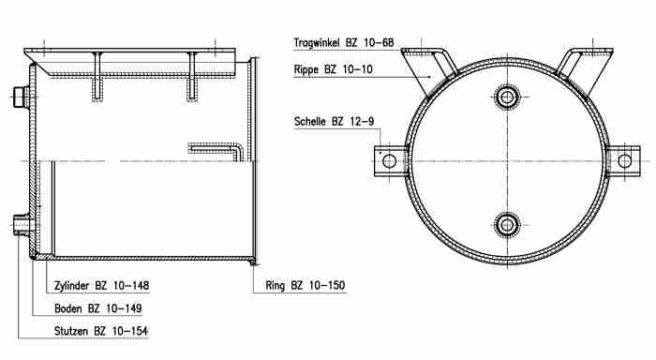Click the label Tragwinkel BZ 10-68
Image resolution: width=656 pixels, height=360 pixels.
pyautogui.click(x=344, y=43)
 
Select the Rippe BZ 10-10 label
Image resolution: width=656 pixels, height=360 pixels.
pyautogui.click(x=333, y=69)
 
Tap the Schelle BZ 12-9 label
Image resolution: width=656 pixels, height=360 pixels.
pyautogui.click(x=334, y=121)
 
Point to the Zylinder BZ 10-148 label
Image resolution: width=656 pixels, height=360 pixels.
pyautogui.click(x=101, y=286)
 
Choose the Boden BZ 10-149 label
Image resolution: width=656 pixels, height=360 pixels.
pyautogui.click(x=97, y=308)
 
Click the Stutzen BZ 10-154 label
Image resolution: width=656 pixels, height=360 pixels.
pyautogui.click(x=101, y=331)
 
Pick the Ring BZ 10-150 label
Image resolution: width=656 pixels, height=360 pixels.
pyautogui.click(x=305, y=286)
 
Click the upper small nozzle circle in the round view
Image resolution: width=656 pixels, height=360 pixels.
pyautogui.click(x=507, y=97)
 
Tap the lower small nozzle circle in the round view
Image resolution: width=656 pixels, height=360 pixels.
pyautogui.click(x=507, y=225)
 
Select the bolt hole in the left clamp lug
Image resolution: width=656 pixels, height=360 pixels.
pyautogui.click(x=389, y=161)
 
